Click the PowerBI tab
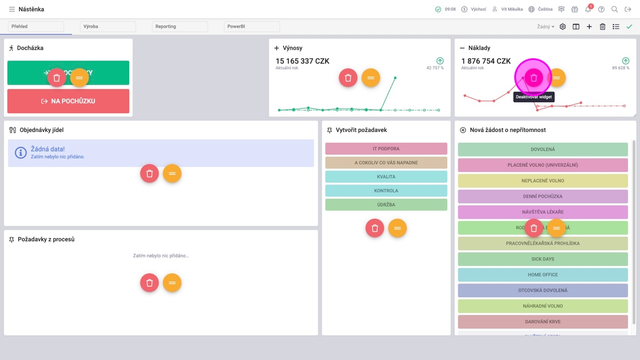pos(251,26)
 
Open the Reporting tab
pos(179,26)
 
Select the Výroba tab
pos(107,26)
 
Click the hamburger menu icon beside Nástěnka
pos(11,9)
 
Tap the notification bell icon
pos(587,9)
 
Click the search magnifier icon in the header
pos(614,9)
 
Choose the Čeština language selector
pos(540,9)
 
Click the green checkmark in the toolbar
pos(629,26)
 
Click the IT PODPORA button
pos(386,149)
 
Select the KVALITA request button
pos(386,177)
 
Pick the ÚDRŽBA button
pos(386,205)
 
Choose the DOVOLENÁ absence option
pos(542,150)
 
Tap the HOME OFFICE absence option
pos(542,275)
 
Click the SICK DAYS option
pos(542,259)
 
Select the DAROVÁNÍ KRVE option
pos(542,322)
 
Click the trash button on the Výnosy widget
pos(347,78)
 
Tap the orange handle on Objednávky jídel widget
pos(172,173)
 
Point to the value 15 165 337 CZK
pos(302,61)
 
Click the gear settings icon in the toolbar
pos(562,26)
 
